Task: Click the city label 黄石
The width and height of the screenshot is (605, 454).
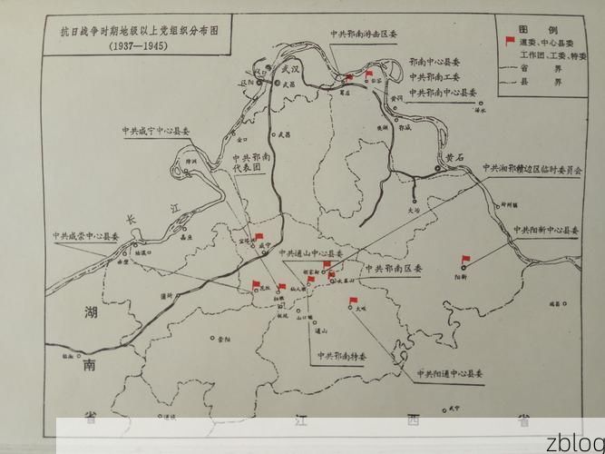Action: (454, 157)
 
